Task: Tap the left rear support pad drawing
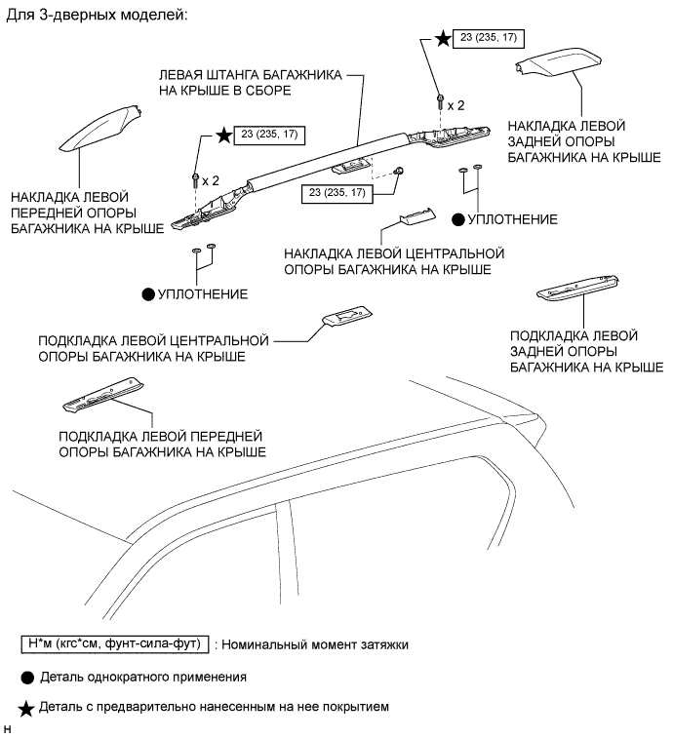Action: coord(576,284)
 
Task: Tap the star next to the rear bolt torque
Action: coord(444,39)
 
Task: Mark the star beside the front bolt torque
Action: coord(225,136)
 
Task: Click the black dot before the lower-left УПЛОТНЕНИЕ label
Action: coord(149,293)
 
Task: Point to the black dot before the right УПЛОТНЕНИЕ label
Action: coord(459,219)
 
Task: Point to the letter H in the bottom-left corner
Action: coord(8,728)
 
